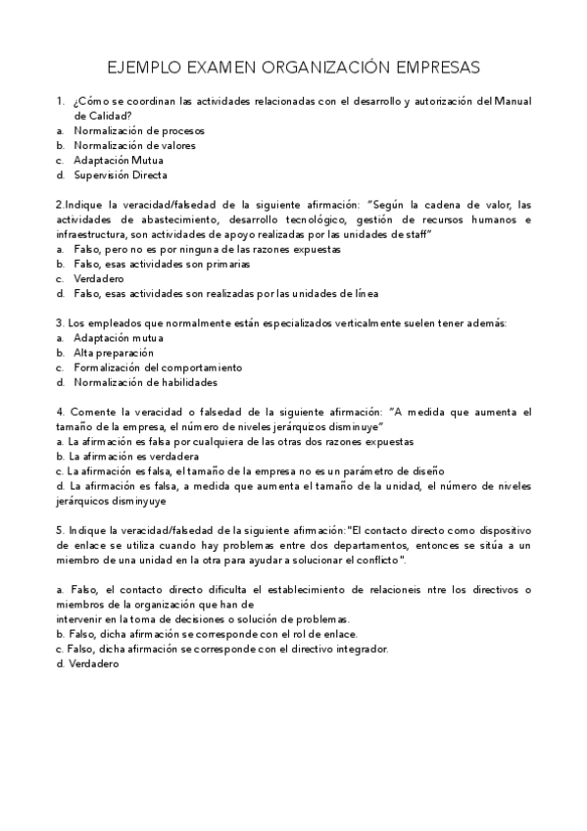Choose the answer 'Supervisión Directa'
pos(121,175)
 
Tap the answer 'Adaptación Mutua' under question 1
pos(119,160)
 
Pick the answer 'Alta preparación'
pos(114,352)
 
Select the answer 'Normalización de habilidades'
pos(145,382)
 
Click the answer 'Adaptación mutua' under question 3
pos(118,337)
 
